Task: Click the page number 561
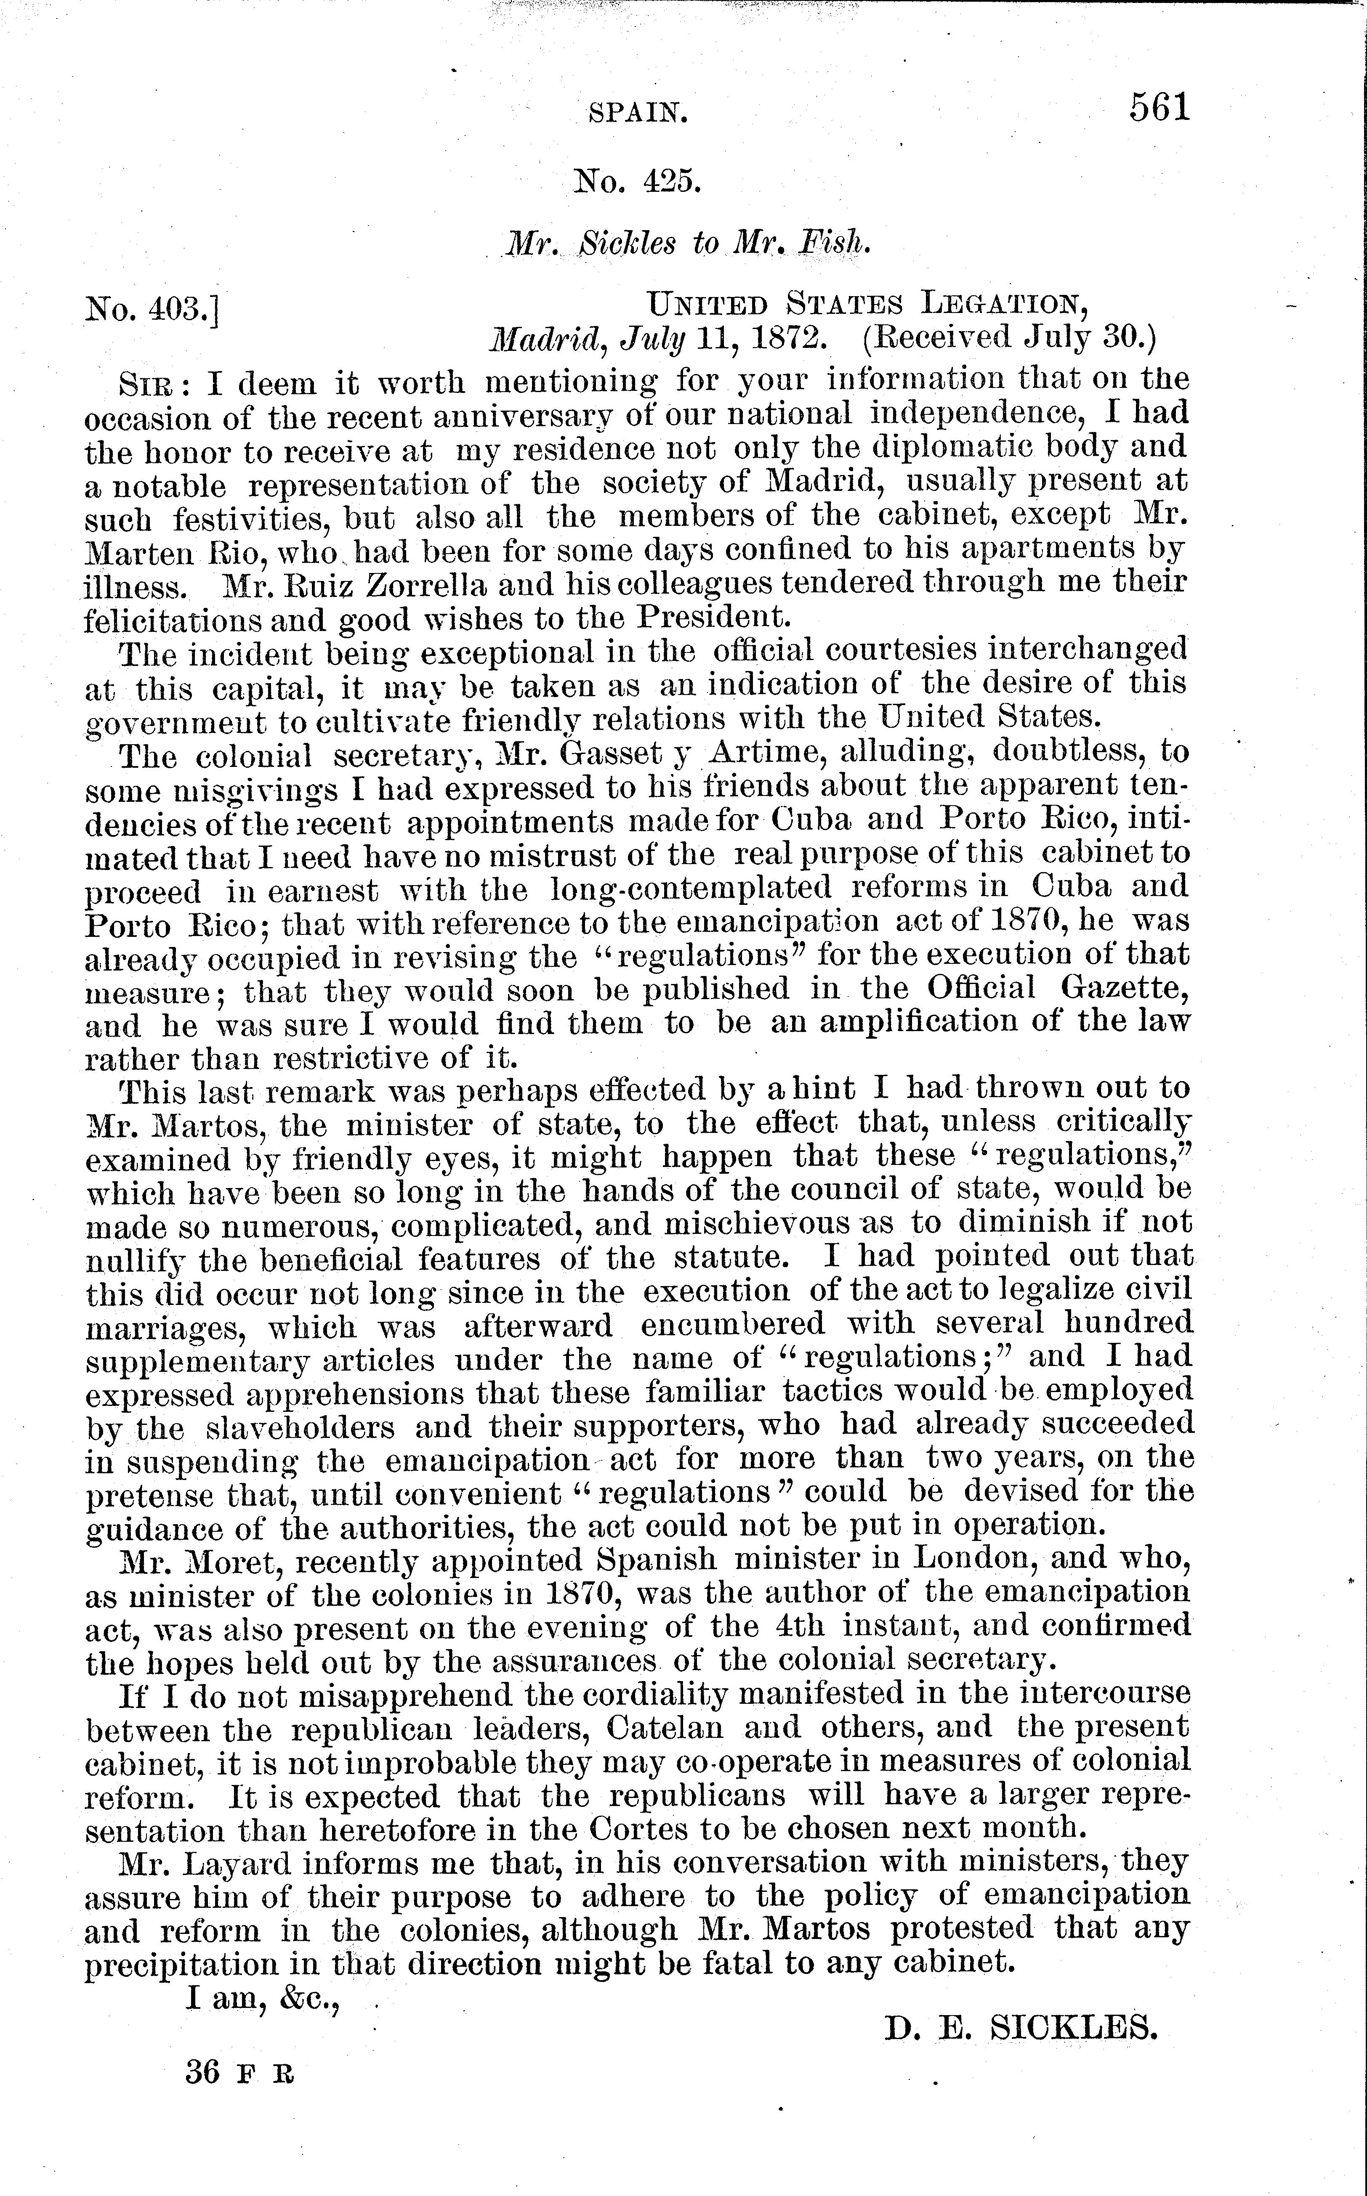[1159, 108]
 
